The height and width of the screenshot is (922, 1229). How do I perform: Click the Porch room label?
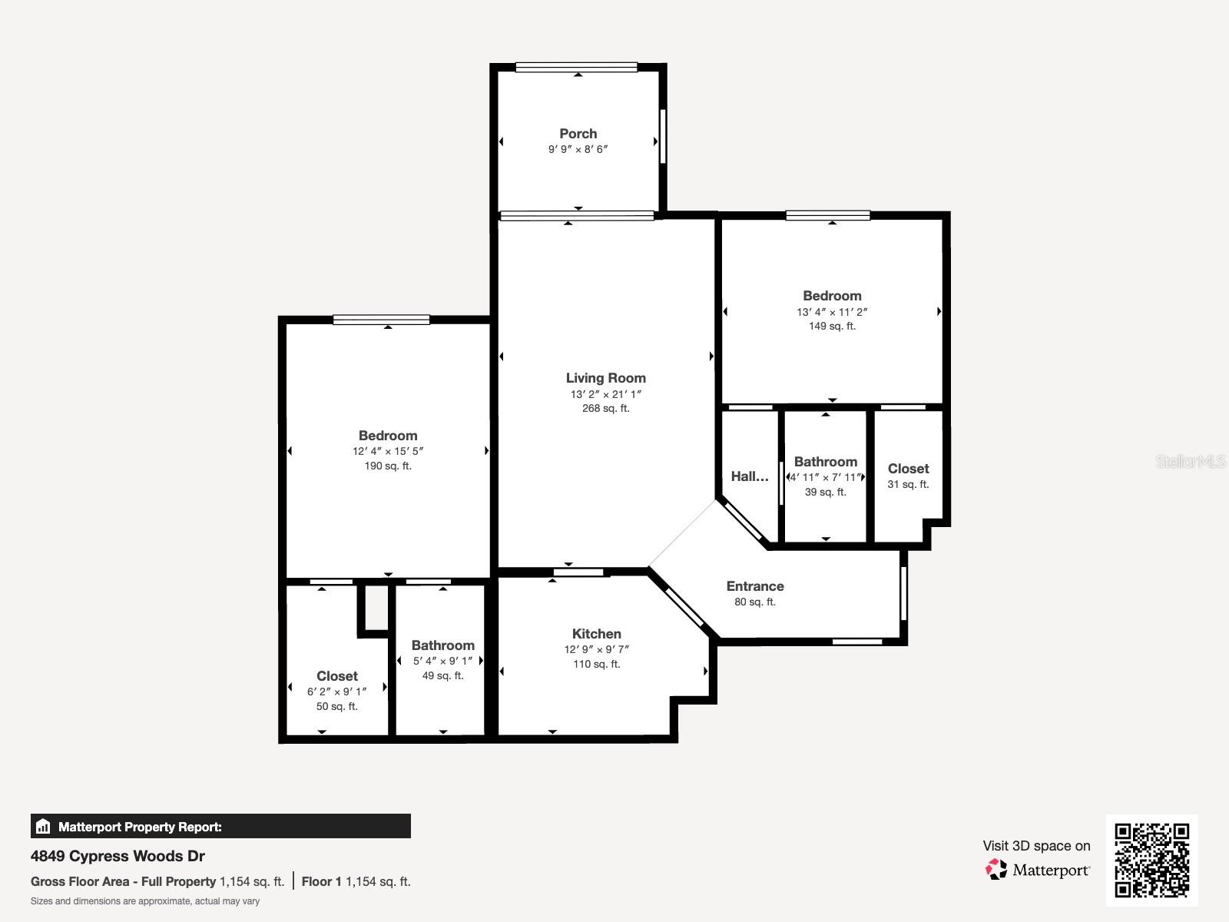[x=578, y=134]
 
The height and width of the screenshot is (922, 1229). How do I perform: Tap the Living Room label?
[x=605, y=378]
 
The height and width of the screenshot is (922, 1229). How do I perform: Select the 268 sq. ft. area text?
[x=605, y=409]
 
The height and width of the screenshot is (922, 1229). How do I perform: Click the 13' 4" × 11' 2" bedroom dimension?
[x=832, y=312]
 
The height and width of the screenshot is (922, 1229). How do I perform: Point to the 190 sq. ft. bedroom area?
[x=388, y=466]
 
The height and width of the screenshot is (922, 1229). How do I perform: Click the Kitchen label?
[x=596, y=634]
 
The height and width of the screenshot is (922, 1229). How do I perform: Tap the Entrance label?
[x=754, y=586]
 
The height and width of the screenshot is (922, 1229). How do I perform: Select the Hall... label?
[x=749, y=476]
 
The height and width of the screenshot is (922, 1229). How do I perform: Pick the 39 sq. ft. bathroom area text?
[x=825, y=493]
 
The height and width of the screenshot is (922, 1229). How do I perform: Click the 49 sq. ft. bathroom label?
[x=442, y=676]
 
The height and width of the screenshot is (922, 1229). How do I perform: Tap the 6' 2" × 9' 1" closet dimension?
[x=336, y=691]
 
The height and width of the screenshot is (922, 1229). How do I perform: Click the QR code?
[x=1151, y=860]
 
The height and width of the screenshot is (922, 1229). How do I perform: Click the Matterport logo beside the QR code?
[x=1037, y=870]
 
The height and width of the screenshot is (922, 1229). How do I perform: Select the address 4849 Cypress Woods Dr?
[x=118, y=856]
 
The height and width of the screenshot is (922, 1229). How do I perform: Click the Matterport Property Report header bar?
[x=220, y=827]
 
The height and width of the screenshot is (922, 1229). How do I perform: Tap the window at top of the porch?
[x=576, y=68]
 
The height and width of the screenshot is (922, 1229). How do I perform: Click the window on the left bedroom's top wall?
[x=381, y=320]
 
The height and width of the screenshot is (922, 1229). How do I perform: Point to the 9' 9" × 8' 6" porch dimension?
[x=578, y=150]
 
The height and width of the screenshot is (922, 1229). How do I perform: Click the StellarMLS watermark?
[x=1191, y=462]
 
